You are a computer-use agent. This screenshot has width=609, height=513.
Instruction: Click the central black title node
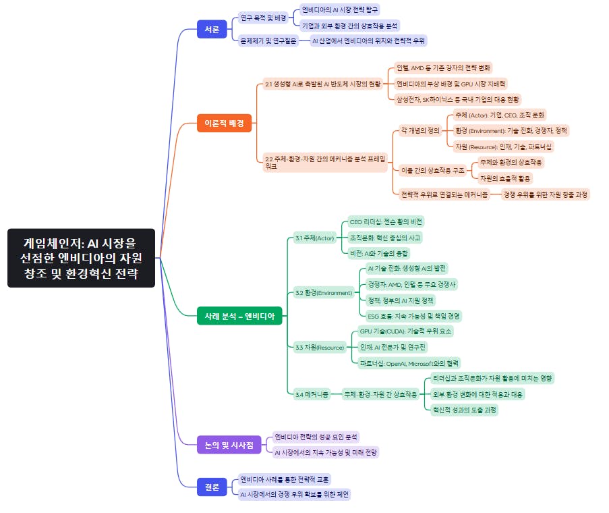click(81, 257)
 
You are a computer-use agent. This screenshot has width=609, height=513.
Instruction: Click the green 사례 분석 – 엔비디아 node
click(239, 315)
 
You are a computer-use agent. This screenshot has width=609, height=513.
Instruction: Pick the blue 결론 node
click(212, 487)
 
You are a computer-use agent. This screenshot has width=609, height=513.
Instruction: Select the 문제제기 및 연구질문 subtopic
click(267, 40)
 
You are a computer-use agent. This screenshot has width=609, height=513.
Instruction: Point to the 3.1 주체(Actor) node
click(314, 238)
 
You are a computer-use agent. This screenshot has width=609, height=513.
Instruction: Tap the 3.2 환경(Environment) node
click(323, 292)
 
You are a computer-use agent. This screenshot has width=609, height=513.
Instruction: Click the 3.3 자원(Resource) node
click(319, 347)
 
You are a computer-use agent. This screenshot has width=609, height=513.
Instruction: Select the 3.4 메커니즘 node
click(312, 394)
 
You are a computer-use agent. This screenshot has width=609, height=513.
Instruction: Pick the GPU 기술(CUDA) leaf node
click(406, 331)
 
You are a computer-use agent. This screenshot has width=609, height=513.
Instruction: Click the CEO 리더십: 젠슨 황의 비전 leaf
click(386, 221)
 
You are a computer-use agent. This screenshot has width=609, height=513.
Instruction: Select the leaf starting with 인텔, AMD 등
click(444, 67)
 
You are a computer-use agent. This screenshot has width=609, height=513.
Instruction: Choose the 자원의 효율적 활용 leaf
click(504, 178)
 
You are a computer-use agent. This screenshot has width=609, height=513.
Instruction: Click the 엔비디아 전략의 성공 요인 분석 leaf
click(316, 437)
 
